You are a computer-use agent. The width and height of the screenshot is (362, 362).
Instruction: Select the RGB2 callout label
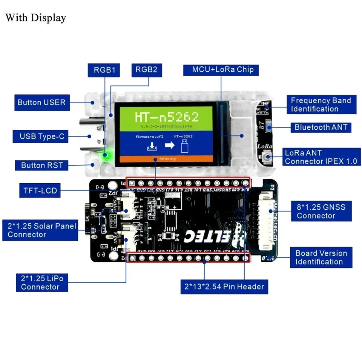[x=146, y=70]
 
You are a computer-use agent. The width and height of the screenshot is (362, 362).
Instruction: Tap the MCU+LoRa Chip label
[x=222, y=70]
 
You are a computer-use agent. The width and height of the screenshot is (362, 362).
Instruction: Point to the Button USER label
[x=41, y=103]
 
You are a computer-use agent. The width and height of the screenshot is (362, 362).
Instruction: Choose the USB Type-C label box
[x=42, y=137]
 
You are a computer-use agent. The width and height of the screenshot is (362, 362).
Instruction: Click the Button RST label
[x=42, y=165]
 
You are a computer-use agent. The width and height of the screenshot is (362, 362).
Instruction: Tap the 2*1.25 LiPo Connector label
[x=42, y=283]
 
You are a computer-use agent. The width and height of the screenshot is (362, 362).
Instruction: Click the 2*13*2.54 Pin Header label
[x=224, y=287]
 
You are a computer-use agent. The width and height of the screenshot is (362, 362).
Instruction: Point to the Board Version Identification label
[x=321, y=258]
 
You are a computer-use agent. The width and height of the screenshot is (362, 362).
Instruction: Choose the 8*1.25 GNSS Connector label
[x=321, y=211]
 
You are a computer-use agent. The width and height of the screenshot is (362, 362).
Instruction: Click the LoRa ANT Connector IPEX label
[x=321, y=157]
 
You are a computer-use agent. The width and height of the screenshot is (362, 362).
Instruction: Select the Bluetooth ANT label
[x=321, y=127]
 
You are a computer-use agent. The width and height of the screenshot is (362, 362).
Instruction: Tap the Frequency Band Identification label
[x=321, y=105]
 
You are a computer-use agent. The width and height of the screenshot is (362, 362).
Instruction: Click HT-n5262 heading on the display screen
[x=166, y=117]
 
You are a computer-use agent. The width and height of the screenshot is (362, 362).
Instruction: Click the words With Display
[x=35, y=18]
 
